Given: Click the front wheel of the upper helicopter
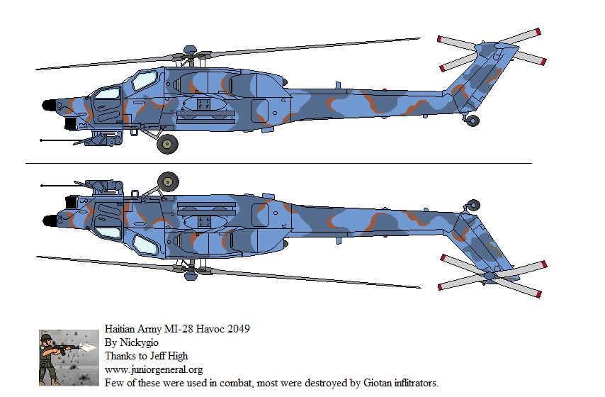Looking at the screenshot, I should (x=167, y=145).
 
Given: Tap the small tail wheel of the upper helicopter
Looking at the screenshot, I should (x=473, y=121).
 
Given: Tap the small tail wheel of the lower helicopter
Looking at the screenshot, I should (x=473, y=205).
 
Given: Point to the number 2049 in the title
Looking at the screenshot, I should (x=238, y=330).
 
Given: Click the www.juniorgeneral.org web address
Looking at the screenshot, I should (x=154, y=369).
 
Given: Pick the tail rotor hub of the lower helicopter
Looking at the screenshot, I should (x=490, y=273).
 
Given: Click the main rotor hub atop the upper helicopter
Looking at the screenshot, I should (x=190, y=50).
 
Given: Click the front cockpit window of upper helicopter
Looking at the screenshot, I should (x=108, y=93).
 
